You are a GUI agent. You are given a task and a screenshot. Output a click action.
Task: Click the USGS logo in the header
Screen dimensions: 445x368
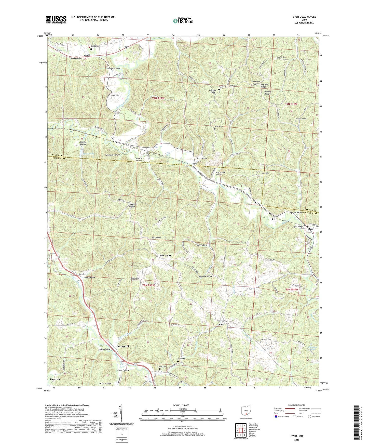[56, 19]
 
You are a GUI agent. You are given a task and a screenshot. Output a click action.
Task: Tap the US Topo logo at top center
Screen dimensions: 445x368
[182, 21]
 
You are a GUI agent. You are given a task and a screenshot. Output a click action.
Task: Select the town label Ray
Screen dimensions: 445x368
[187, 166]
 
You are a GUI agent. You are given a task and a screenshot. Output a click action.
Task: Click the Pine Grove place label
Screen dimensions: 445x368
[165, 255]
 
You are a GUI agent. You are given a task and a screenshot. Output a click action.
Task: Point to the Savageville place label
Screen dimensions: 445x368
[124, 346]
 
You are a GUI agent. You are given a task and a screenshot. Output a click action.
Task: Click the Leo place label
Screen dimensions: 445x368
[221, 325]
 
